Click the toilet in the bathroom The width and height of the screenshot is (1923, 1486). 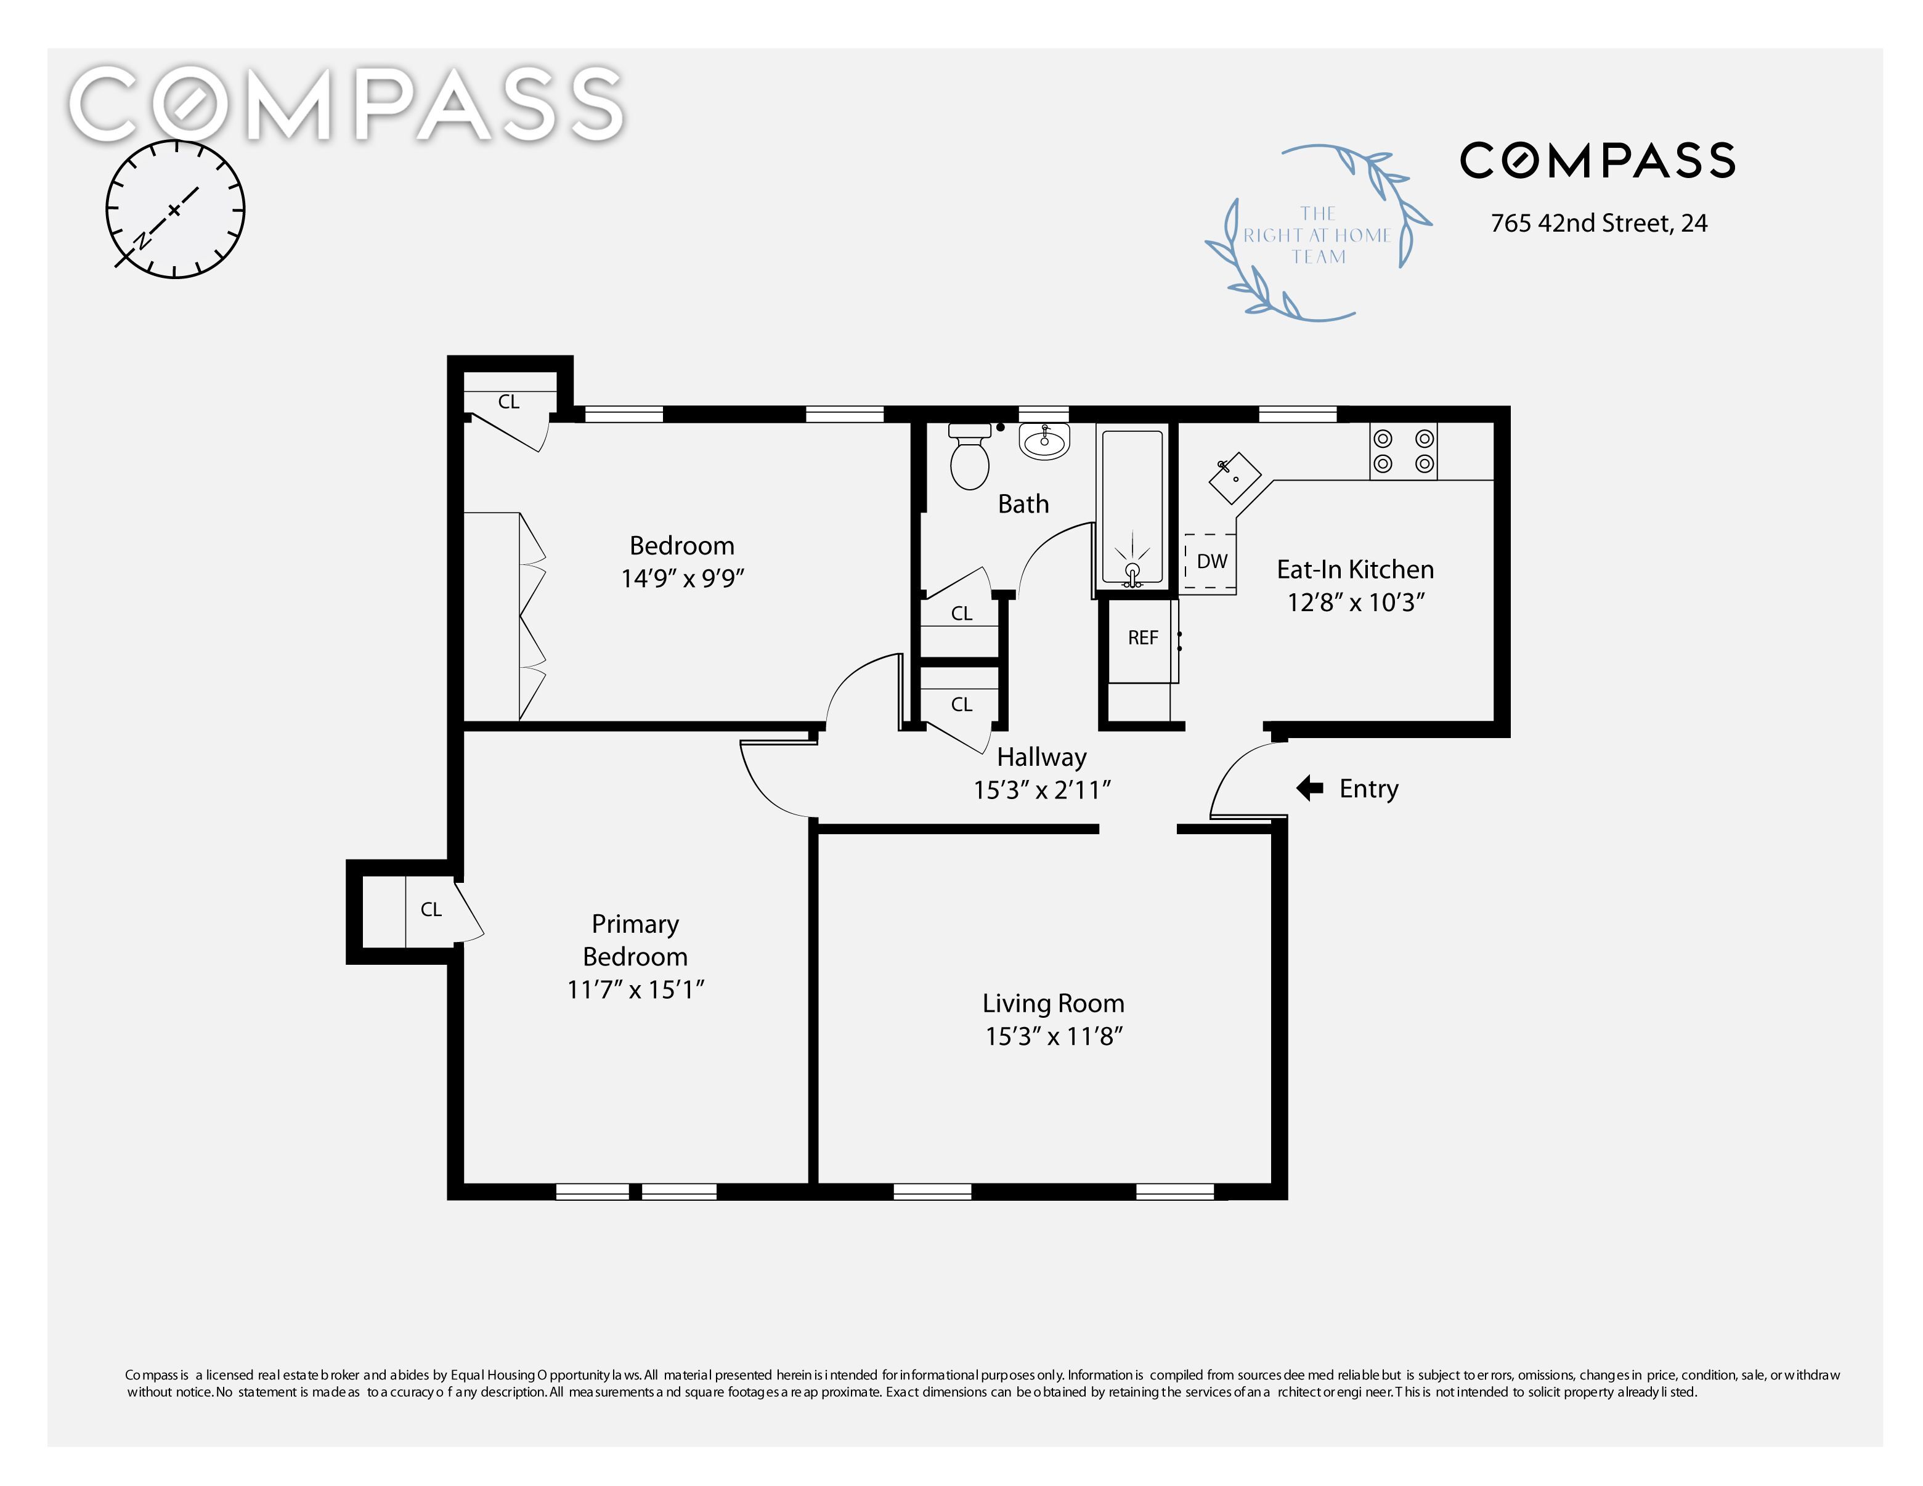coord(969,455)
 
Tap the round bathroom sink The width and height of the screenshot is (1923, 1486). coord(1044,440)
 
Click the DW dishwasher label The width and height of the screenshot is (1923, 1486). coord(1213,561)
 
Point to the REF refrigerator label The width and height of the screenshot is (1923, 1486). coord(1143,638)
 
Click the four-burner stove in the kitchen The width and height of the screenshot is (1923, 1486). coord(1404,451)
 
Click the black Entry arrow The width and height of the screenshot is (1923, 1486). coord(1310,788)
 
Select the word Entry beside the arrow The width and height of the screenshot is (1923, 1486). coord(1368,789)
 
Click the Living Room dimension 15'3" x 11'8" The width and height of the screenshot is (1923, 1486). coord(1054,1036)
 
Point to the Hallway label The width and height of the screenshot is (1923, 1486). coord(1042,757)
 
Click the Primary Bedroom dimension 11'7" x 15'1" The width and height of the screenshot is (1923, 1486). coord(636,989)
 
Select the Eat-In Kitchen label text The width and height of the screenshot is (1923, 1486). coord(1355,570)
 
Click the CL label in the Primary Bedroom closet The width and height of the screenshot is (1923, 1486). coord(431,909)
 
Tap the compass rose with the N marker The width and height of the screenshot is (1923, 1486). coord(175,209)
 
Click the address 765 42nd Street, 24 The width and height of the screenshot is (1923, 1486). coord(1599,224)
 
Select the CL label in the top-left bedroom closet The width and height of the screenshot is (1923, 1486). coord(509,402)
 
